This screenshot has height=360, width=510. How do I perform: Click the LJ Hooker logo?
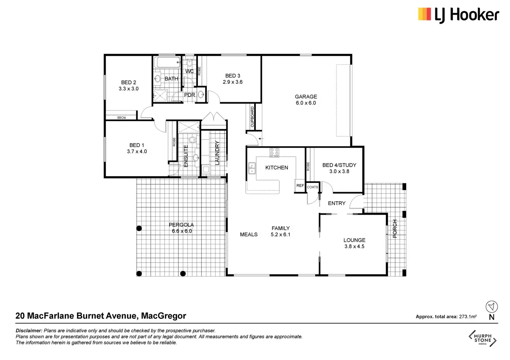tap(458, 15)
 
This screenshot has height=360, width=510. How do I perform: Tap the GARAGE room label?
tap(306, 97)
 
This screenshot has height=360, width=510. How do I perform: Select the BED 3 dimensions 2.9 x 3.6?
tap(232, 82)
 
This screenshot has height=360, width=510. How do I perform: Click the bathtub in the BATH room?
tap(167, 62)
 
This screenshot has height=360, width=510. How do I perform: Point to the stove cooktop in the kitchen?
tap(274, 152)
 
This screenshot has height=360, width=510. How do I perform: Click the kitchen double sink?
tap(252, 168)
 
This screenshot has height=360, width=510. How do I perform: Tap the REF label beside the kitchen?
tap(300, 185)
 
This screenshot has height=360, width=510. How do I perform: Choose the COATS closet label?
tap(313, 187)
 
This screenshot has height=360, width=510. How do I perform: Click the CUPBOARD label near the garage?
tap(252, 117)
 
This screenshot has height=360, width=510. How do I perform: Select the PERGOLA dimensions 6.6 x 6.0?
tap(182, 231)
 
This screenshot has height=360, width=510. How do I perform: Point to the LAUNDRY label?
tap(217, 153)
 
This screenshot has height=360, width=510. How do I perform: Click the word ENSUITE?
tap(186, 156)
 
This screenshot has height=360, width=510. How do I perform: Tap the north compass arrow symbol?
tap(492, 307)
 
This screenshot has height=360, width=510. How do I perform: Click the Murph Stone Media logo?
tap(482, 339)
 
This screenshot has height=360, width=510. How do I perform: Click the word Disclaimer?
tap(29, 331)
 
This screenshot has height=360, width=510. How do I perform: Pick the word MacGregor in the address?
tap(164, 316)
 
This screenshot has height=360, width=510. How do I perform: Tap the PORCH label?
tap(395, 229)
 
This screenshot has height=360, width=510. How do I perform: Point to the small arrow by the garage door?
tap(261, 139)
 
